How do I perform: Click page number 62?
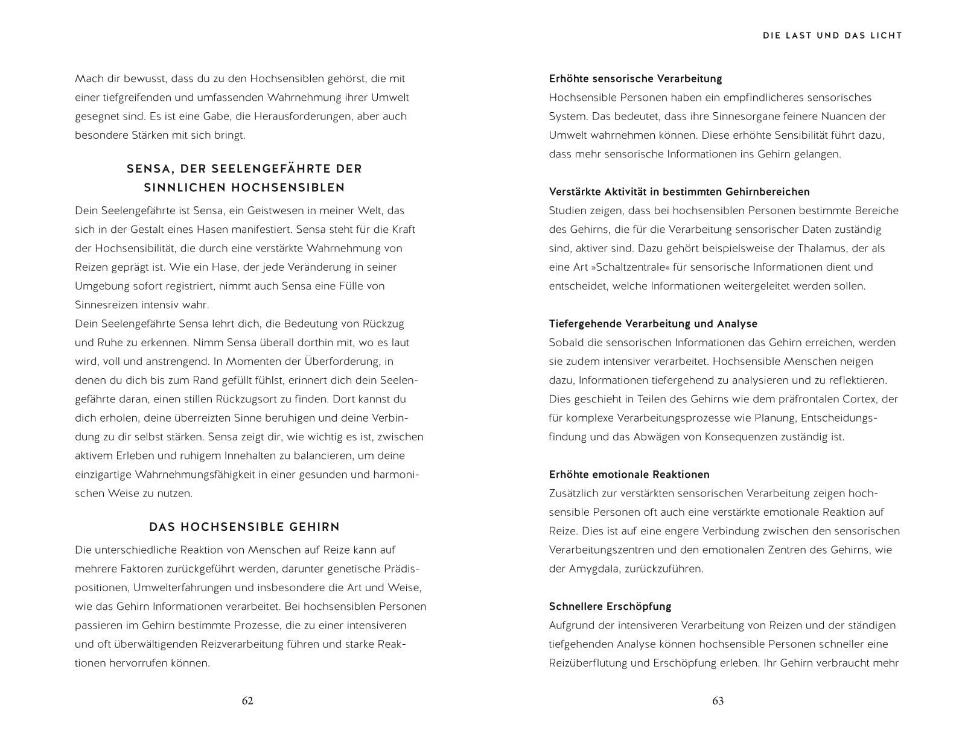tap(247, 701)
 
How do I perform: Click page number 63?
tap(718, 701)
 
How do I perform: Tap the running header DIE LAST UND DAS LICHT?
tap(832, 36)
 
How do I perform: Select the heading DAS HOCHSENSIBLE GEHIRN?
tap(244, 527)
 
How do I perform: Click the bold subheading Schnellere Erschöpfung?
tap(610, 606)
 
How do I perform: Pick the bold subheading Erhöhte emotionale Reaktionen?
tap(629, 475)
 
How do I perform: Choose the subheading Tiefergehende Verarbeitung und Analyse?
tap(652, 324)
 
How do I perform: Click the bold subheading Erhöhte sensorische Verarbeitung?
tap(635, 78)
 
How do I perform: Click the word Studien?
tap(567, 211)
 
